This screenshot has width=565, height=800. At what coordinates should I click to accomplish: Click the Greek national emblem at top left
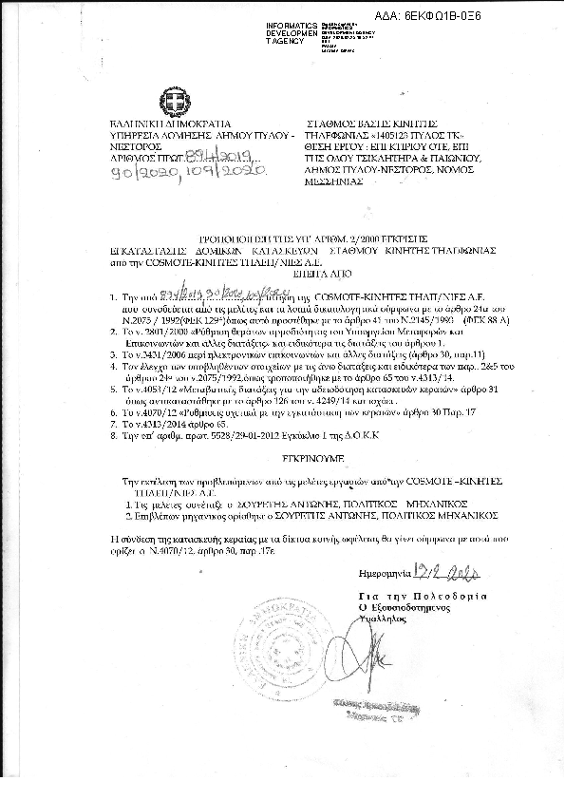pyautogui.click(x=176, y=100)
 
